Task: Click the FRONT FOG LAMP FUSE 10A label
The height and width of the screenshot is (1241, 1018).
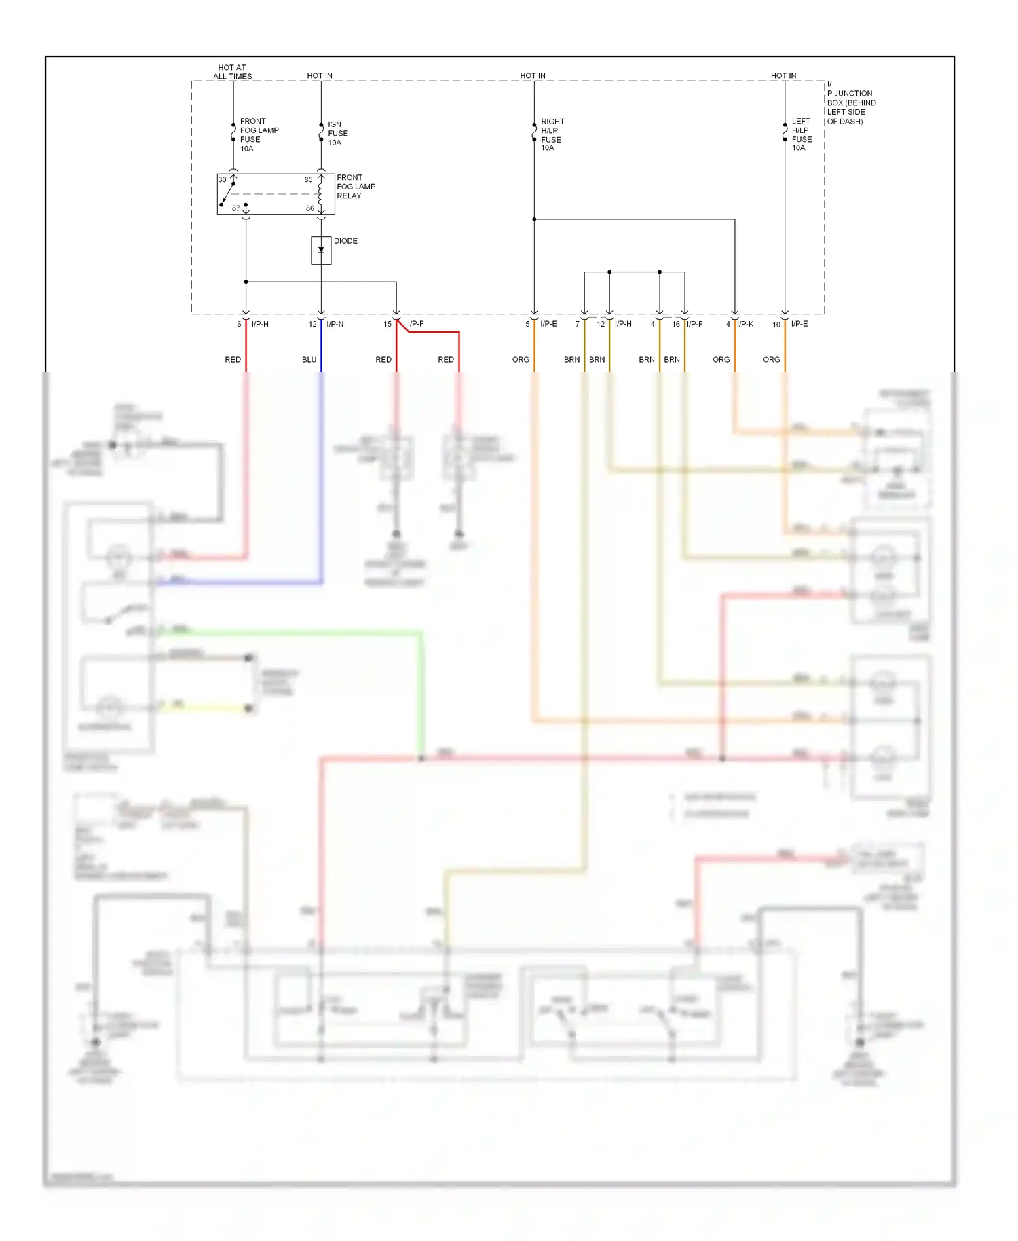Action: point(258,134)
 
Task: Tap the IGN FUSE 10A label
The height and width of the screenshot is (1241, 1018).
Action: point(337,133)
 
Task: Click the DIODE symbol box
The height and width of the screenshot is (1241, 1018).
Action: point(321,251)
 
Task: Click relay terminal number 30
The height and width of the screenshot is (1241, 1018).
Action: point(222,179)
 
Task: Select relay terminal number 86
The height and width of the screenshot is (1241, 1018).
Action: point(309,208)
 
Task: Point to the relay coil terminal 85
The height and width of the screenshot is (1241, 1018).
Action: point(308,180)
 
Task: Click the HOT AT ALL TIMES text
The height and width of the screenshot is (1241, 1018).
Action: point(232,72)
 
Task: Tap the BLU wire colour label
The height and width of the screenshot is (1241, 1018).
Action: point(309,359)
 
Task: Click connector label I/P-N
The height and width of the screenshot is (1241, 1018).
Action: point(335,324)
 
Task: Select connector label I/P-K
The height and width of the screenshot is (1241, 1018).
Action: point(744,324)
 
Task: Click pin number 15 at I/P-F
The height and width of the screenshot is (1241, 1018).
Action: point(388,324)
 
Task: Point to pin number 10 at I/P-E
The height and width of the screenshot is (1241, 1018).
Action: point(776,325)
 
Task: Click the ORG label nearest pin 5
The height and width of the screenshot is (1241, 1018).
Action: point(521,359)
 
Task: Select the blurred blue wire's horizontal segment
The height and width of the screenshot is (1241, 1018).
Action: point(238,582)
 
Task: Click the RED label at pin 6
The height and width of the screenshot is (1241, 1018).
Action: point(233,359)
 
